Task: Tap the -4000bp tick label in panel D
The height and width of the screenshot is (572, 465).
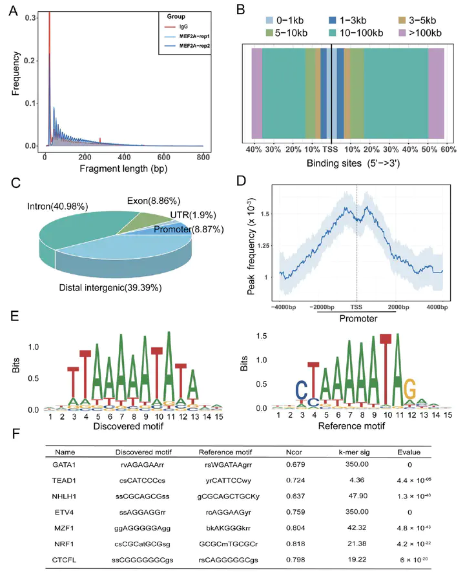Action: tap(281, 307)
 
